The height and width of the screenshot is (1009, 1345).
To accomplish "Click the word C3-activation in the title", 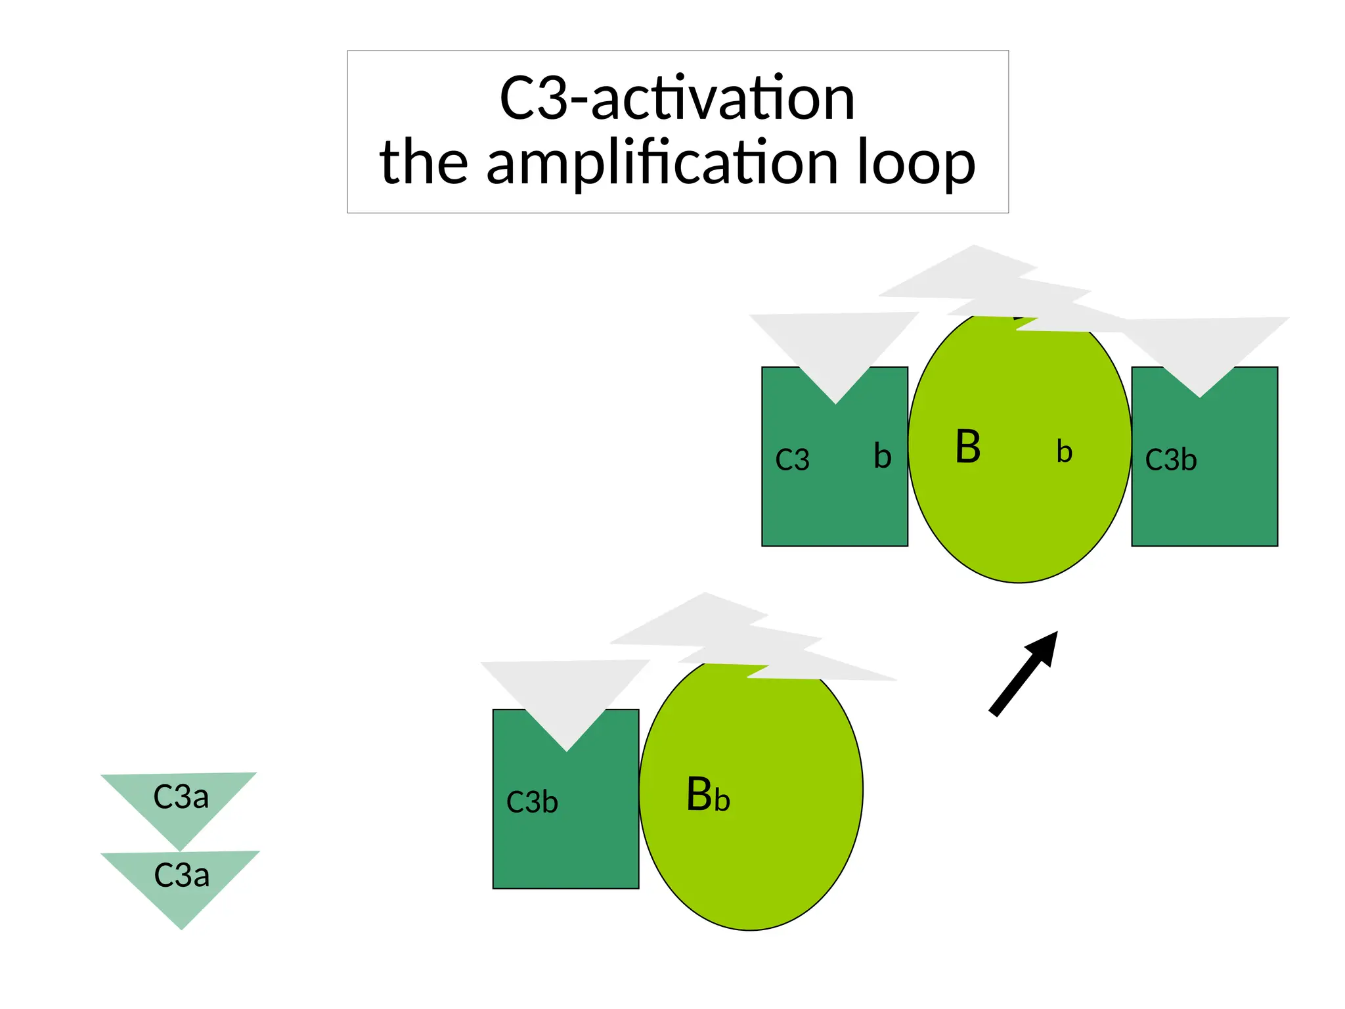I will click(x=677, y=99).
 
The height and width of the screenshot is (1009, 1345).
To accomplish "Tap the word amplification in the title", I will click(x=662, y=163).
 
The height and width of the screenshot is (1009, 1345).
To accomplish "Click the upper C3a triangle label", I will click(x=181, y=797).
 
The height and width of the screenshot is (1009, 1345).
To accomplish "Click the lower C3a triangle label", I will click(x=181, y=876).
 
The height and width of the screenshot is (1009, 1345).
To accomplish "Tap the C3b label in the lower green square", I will click(x=532, y=802).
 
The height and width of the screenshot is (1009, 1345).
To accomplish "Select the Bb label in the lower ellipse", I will click(x=707, y=795).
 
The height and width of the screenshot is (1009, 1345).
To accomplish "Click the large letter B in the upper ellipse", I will click(x=967, y=447).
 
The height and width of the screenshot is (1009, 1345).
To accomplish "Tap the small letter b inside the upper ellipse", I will click(x=1064, y=452).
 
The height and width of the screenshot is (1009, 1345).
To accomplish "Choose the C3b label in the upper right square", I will click(x=1170, y=460).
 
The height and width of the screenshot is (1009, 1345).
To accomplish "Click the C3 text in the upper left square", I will click(x=792, y=460).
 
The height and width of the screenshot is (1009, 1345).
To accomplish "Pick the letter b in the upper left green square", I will click(x=882, y=456).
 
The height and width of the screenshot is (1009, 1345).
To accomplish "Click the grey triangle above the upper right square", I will click(x=1202, y=348).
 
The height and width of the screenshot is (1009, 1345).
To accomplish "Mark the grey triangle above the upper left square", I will click(x=835, y=348).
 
